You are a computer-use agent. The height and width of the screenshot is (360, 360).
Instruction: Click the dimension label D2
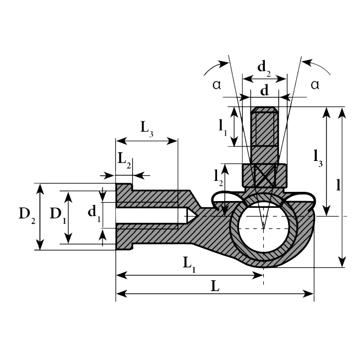[x=26, y=215]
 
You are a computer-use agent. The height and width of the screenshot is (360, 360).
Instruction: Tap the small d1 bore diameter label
[x=93, y=211]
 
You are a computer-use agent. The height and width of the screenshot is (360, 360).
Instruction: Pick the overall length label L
[x=215, y=287]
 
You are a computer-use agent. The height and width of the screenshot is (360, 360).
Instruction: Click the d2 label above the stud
[x=264, y=66]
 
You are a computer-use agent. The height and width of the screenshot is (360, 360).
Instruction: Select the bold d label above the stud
[x=264, y=91]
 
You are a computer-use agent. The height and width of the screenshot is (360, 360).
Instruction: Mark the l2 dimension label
[x=218, y=176]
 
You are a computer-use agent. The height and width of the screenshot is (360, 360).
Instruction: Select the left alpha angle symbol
[x=217, y=85]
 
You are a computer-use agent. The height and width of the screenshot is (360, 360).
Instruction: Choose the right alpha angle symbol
[x=314, y=85]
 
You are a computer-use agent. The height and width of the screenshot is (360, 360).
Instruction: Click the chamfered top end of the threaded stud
[x=264, y=110]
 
